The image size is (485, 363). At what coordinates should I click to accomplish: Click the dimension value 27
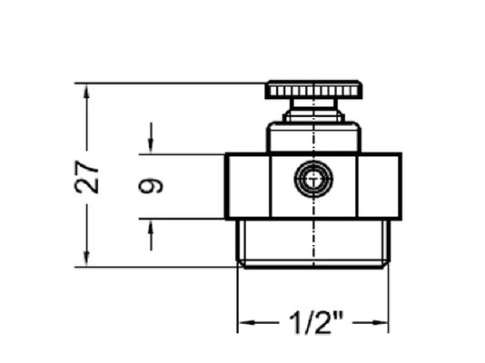(86, 177)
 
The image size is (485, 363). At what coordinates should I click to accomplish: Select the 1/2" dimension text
(316, 323)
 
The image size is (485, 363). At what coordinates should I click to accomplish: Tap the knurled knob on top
(313, 90)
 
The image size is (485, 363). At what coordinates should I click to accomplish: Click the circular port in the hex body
(313, 179)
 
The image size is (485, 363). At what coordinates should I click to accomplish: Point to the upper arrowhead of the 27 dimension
(86, 92)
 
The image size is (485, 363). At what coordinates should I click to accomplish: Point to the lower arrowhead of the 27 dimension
(86, 259)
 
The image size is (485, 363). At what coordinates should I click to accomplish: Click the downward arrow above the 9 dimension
(151, 138)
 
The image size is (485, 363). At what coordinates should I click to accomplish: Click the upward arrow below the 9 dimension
(151, 235)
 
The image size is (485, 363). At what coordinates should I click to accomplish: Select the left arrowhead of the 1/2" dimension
(247, 323)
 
